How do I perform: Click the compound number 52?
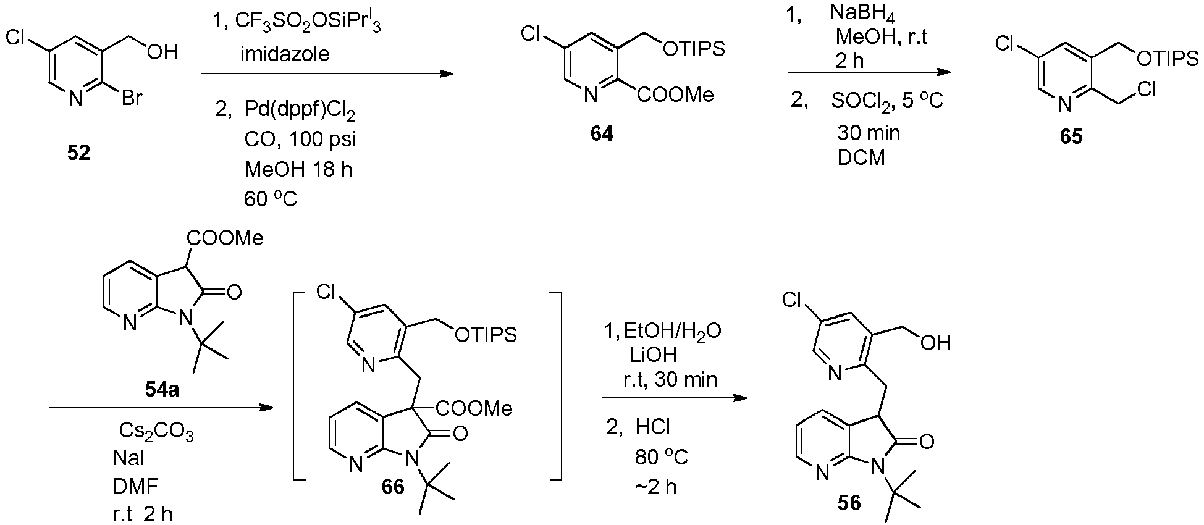78,153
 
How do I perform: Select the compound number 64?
602,133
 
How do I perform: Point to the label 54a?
158,390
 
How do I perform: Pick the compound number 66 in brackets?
393,486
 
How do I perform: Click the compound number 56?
849,503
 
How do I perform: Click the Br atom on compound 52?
132,98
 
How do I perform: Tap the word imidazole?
285,54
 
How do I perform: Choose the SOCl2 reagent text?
864,101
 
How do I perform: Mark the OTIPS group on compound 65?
1167,59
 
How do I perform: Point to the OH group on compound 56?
935,343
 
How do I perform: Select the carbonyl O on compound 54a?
234,293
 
